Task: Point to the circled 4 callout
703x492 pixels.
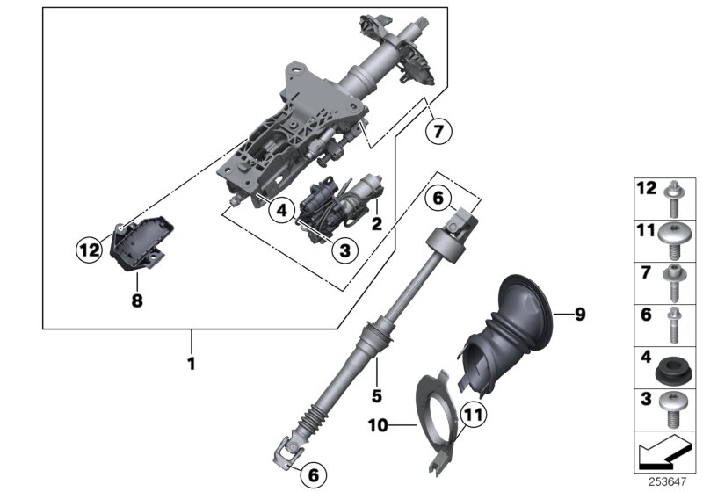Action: click(280, 210)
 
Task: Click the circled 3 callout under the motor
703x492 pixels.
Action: click(344, 250)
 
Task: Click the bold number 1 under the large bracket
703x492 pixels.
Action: click(191, 361)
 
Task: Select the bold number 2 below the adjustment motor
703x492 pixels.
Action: click(376, 224)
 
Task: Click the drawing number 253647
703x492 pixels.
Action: click(669, 482)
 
